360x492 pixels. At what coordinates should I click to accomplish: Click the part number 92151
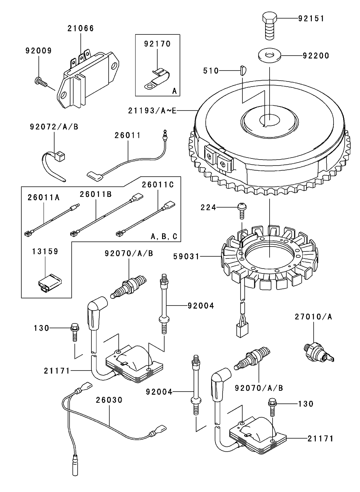point(311,18)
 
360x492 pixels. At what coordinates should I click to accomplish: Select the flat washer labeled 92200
point(270,56)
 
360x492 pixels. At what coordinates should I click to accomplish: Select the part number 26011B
point(96,194)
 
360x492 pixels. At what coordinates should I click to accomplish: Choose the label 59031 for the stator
point(186,257)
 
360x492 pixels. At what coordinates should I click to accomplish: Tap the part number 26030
point(109,400)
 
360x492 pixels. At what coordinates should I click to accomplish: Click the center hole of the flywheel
point(270,120)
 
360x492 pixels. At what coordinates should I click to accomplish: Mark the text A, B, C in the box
point(164,236)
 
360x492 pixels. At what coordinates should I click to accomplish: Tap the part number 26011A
point(43,198)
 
